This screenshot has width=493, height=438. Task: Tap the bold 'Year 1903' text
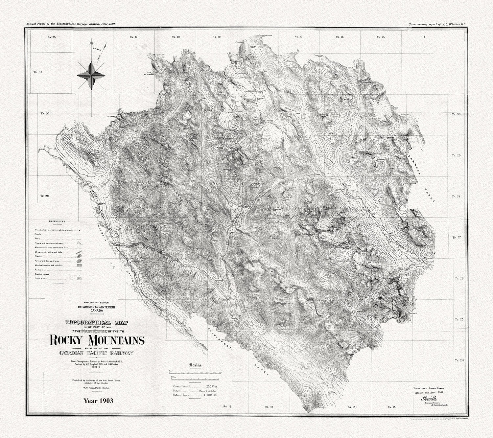[98, 401]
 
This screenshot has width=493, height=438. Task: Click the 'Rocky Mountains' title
[97, 340]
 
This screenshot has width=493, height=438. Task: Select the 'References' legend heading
[57, 221]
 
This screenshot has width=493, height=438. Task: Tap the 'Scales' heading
[196, 365]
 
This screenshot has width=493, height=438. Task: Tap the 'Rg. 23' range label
[52, 37]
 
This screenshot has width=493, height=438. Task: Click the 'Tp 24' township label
[459, 360]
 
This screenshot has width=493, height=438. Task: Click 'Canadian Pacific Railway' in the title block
[97, 353]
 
